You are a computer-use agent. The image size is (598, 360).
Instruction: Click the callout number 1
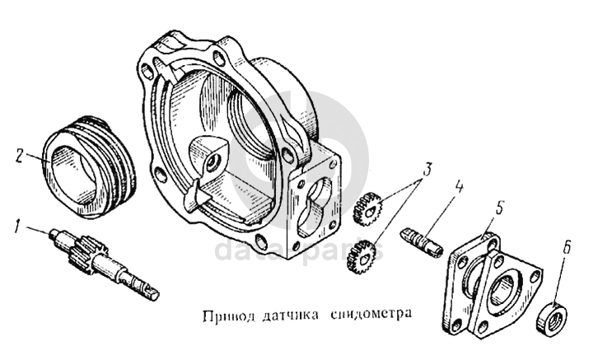click(16, 226)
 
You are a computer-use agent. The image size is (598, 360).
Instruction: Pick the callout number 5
click(500, 208)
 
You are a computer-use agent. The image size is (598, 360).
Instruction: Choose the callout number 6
click(567, 247)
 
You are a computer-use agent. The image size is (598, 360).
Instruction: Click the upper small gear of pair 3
click(367, 209)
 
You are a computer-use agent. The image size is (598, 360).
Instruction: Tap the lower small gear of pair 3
click(361, 255)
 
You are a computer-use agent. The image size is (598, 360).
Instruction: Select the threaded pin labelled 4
click(422, 241)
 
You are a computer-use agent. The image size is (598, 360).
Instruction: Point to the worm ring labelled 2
click(90, 166)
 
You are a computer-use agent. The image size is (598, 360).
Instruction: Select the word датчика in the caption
click(292, 316)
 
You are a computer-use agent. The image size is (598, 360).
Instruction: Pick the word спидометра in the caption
click(371, 316)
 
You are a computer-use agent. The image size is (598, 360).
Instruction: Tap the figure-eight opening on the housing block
click(315, 206)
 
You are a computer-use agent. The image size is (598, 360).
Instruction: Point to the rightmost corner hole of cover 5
click(536, 275)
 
